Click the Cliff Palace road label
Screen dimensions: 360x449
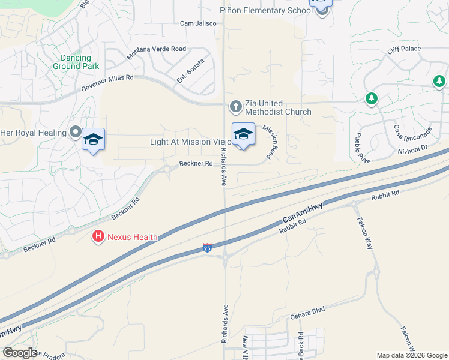point(404,49)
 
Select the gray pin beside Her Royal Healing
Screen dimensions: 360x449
point(76,131)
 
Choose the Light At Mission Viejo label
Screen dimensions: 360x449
point(190,142)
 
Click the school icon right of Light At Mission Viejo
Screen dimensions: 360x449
point(243,134)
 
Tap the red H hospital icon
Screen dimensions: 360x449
point(98,237)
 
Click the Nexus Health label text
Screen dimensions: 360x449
point(132,237)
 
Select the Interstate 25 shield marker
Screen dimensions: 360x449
point(207,247)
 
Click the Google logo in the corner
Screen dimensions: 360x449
point(20,353)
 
